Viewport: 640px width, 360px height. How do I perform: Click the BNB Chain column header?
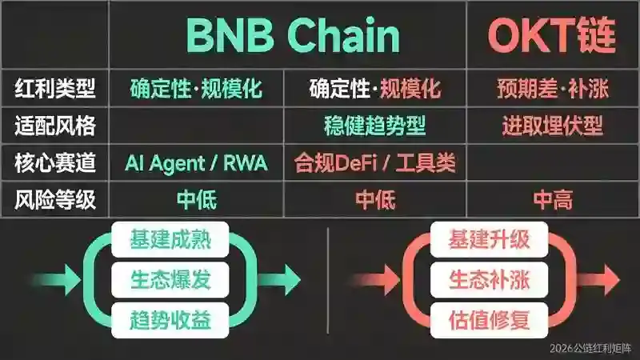293,35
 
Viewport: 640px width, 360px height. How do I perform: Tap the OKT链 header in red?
552,35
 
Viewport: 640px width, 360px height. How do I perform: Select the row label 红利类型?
55,88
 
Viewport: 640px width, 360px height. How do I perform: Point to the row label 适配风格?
55,126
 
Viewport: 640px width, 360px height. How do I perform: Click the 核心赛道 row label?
55,162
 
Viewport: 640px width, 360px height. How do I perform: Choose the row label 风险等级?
55,199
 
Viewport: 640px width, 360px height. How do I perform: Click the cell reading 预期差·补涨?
553,88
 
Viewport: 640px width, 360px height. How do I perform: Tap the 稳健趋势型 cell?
374,126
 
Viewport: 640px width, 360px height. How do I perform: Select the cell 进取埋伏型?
553,126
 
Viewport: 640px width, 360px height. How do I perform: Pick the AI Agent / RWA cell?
196,163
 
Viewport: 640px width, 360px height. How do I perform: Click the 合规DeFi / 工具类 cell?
374,162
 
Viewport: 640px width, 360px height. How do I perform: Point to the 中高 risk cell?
553,199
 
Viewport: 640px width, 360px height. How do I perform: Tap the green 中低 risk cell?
197,199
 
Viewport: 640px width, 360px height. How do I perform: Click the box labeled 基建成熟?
170,239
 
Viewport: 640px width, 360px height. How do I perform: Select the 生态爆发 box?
170,280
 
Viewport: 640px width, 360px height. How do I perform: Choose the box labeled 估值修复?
489,321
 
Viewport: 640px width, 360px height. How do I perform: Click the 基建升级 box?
489,239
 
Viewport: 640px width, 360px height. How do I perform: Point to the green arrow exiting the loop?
279,280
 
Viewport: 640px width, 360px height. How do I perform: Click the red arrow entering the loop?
375,280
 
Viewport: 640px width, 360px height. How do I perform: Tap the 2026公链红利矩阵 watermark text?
590,348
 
